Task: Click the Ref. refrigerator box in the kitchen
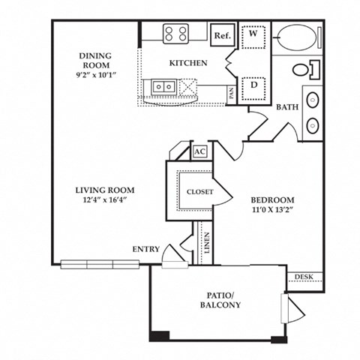(x=222, y=35)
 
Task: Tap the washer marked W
(x=253, y=34)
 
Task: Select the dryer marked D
(x=253, y=85)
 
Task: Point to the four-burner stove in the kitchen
(x=177, y=33)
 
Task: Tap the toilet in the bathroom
(x=304, y=70)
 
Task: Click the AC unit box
(x=199, y=151)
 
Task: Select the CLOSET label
(x=200, y=192)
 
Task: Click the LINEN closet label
(x=205, y=242)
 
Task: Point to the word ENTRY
(x=145, y=249)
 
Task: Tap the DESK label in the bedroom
(x=304, y=277)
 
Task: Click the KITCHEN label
(x=187, y=63)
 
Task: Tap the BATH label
(x=286, y=107)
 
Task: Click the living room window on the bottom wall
(x=101, y=264)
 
